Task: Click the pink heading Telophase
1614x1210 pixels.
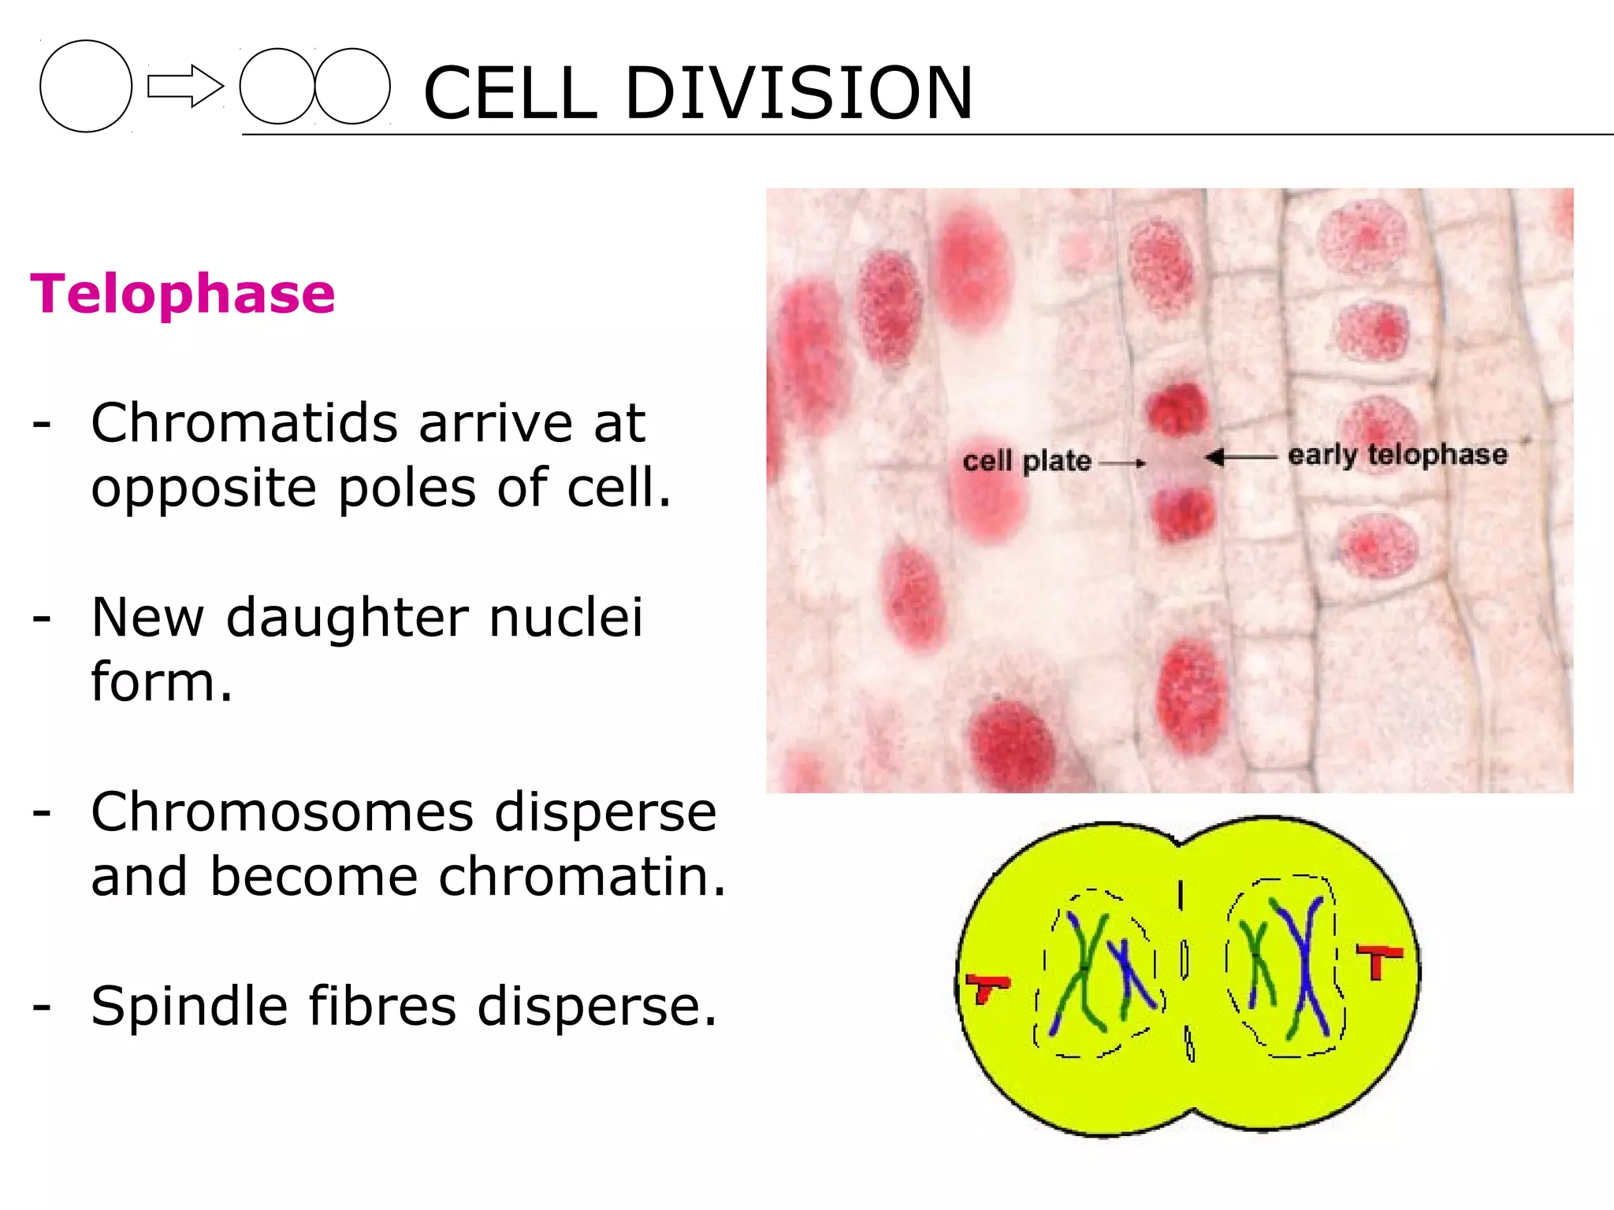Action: (183, 294)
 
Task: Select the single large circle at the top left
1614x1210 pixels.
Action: (86, 86)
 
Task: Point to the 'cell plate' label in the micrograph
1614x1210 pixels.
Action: (1026, 461)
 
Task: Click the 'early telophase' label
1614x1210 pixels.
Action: (1397, 455)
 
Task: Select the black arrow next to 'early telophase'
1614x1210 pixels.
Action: (1240, 457)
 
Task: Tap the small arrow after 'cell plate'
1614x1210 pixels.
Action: (1122, 463)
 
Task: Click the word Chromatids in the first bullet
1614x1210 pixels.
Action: (244, 423)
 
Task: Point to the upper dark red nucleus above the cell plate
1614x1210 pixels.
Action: (1177, 410)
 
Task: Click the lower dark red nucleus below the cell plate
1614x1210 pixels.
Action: (1182, 512)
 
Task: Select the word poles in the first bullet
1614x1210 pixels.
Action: (407, 488)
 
